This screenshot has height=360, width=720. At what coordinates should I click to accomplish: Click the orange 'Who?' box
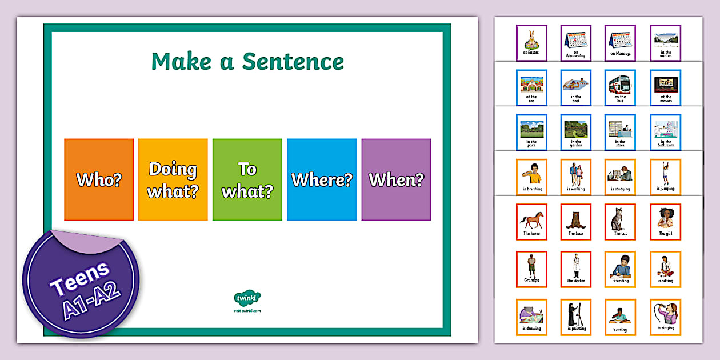pos(99,179)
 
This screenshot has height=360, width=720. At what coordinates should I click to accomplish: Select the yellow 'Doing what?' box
pos(173,179)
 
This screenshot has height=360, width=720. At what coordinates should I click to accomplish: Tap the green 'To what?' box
pos(247,179)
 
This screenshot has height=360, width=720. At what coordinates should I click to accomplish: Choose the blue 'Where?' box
pos(321,179)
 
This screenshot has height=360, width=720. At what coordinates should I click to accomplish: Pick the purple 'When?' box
pos(396,179)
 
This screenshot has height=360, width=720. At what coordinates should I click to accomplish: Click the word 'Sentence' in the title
pos(293,62)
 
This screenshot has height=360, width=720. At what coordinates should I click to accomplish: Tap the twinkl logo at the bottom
pos(247,298)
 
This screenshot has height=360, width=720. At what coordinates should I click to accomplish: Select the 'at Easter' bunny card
pos(531,43)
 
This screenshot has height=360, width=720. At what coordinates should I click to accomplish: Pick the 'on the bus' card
pos(621,87)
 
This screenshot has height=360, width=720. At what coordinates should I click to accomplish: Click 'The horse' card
pos(531,222)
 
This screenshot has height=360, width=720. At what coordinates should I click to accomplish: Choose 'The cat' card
pos(621,222)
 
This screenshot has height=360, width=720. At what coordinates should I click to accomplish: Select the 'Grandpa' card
pos(531,269)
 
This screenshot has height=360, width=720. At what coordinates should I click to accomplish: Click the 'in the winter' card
pos(665,43)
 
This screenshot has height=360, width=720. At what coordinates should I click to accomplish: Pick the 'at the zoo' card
pos(531,87)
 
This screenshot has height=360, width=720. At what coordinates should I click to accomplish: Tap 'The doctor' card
pos(576,269)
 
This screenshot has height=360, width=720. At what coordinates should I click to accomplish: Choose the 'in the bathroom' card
pos(665,133)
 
